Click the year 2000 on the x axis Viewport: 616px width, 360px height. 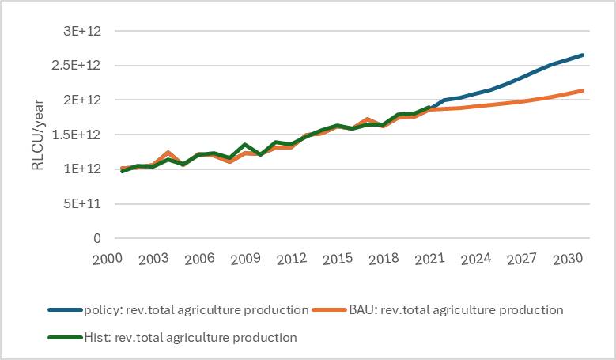point(108,259)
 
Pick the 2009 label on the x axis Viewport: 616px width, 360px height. point(246,259)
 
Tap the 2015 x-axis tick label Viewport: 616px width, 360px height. point(338,259)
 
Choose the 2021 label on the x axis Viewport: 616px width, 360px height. point(429,259)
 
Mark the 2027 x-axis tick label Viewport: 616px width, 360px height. point(522,259)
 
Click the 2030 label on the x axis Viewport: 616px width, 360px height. point(568,259)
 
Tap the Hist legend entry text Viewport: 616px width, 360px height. point(190,337)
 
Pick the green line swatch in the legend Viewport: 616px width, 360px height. point(66,337)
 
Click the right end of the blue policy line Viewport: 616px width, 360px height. point(584,55)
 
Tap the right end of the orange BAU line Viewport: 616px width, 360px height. point(584,90)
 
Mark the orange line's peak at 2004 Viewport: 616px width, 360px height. point(168,152)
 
